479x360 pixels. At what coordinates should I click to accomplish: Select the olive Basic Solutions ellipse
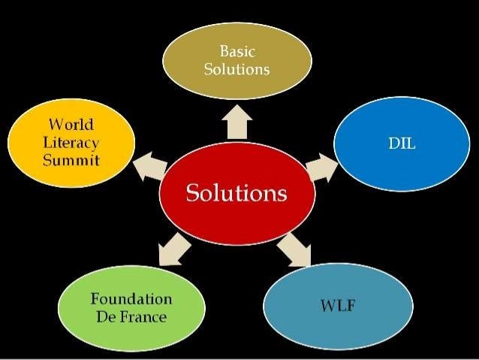point(236,60)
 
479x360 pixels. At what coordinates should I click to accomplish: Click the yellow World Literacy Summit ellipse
point(71,143)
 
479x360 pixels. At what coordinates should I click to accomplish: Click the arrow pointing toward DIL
point(322,167)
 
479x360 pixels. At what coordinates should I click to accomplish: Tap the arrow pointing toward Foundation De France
point(175,249)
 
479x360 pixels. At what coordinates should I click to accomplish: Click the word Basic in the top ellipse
point(236,52)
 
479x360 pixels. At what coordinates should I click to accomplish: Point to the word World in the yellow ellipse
point(71,124)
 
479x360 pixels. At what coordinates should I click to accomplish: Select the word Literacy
point(71,142)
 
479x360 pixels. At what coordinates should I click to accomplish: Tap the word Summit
point(71,160)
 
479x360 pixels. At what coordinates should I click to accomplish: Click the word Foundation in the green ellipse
point(131,298)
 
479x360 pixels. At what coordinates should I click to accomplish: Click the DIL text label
point(402,144)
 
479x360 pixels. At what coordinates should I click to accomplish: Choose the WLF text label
point(337,307)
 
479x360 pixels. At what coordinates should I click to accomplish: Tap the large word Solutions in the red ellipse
point(236,193)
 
